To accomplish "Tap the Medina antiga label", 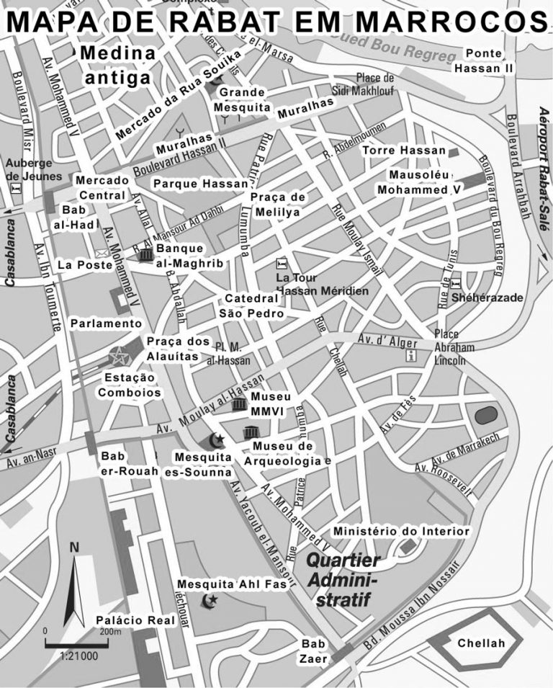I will pyautogui.click(x=117, y=64).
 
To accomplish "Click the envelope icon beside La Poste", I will pyautogui.click(x=101, y=254).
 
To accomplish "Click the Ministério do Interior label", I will pyautogui.click(x=401, y=532).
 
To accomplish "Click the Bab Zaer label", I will pyautogui.click(x=314, y=651).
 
